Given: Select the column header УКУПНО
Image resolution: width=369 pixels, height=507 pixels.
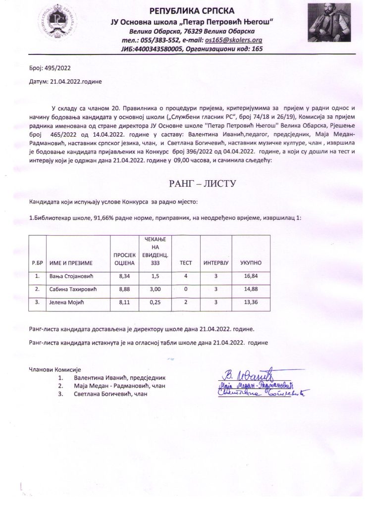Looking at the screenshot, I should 251,262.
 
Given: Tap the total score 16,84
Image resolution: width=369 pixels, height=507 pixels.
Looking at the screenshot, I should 251,276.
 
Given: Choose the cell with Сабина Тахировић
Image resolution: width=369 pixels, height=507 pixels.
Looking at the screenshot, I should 72,289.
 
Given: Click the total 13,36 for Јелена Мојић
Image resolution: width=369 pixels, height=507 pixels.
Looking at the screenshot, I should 251,302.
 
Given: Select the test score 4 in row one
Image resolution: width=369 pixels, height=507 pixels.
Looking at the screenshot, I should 185,276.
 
